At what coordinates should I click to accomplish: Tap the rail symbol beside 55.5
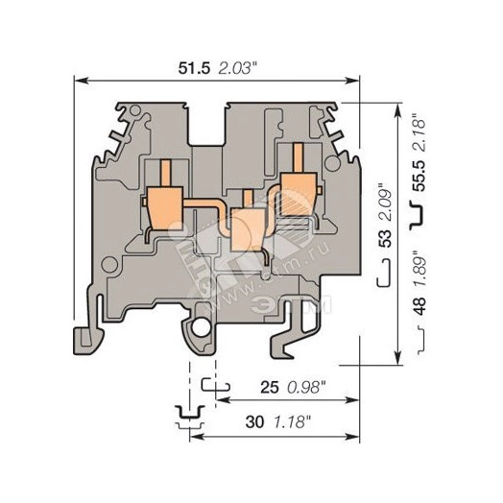click(x=418, y=219)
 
